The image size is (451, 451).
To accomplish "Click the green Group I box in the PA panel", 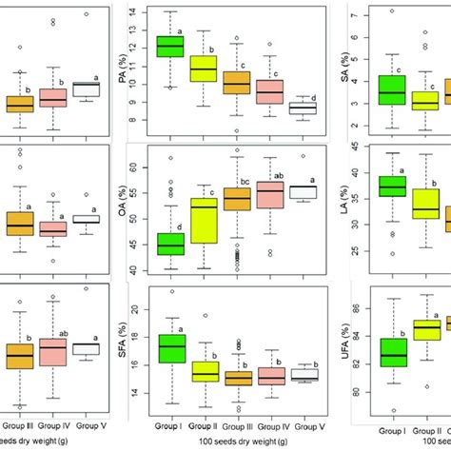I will tap(170, 47).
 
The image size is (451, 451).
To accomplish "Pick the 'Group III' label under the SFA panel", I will tap(238, 427).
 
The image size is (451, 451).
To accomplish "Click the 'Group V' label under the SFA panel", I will tap(304, 427).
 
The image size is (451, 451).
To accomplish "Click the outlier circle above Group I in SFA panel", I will tap(171, 292).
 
